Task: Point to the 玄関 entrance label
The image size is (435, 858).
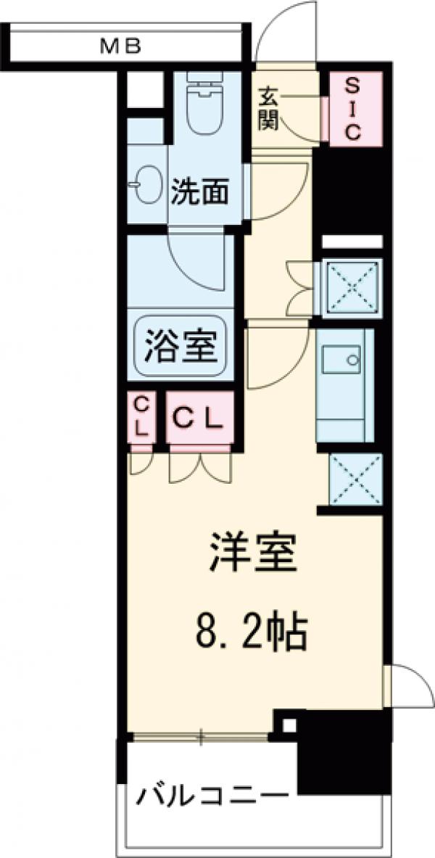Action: coord(268,107)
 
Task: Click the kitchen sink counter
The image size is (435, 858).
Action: coord(344,384)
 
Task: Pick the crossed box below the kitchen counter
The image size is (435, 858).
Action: coord(355,479)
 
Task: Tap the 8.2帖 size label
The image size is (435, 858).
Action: coord(252,632)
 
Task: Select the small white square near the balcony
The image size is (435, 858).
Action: coord(289,724)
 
